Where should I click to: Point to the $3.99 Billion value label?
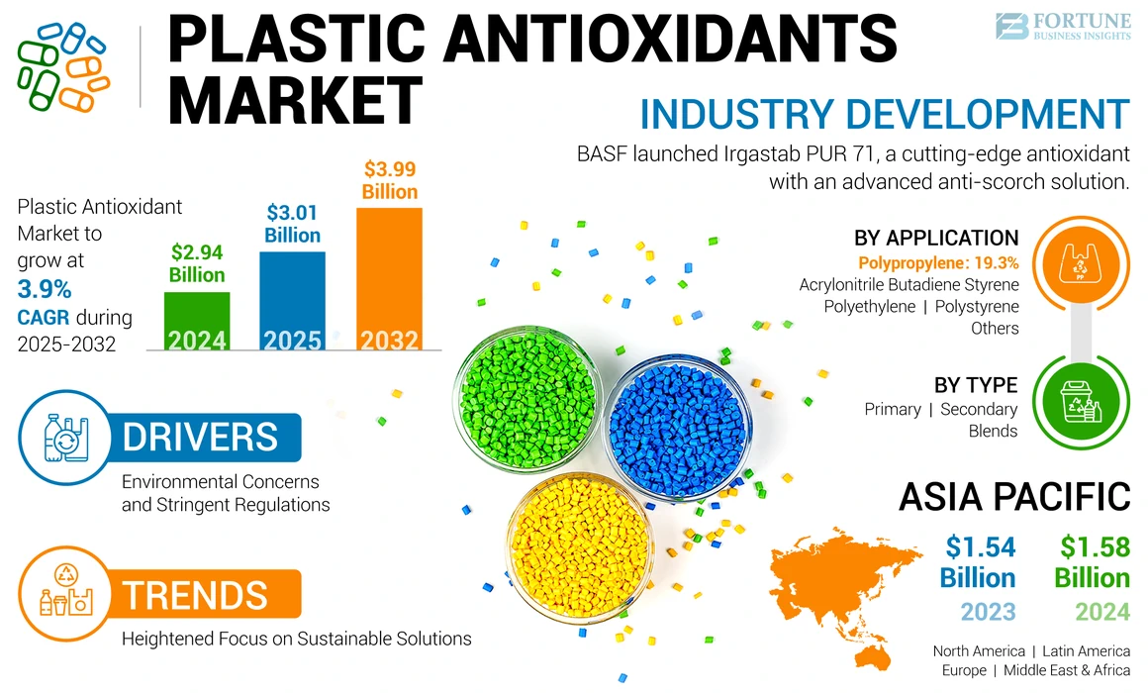(389, 179)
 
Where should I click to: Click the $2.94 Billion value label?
(197, 263)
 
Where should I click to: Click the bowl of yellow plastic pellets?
(577, 547)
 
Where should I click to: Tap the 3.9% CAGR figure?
(45, 289)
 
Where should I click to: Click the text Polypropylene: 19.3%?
(937, 262)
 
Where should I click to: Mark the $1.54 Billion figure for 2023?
(978, 561)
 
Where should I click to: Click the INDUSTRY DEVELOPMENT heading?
(884, 114)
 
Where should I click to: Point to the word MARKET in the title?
(297, 99)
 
